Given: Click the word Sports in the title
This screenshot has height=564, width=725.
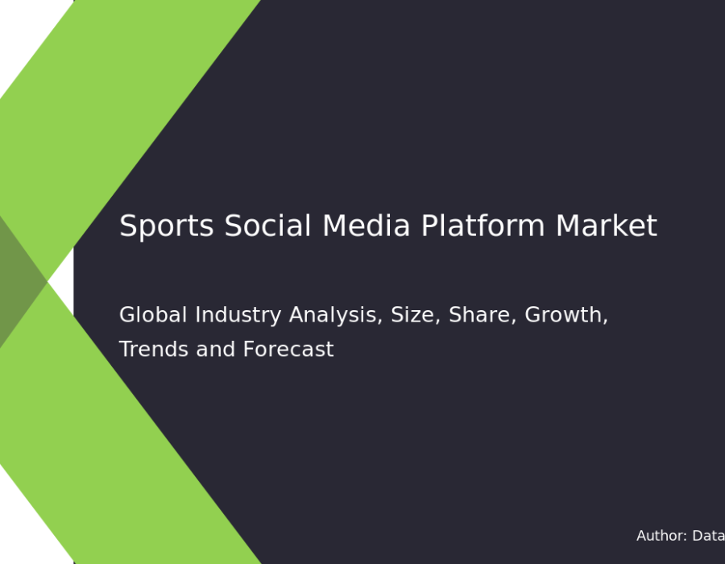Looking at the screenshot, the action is coord(167,226).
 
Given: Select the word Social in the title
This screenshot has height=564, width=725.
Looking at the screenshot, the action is coord(267,226).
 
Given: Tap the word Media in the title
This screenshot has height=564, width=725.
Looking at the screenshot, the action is coord(367,226).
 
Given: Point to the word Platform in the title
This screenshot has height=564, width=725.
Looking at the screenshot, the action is coord(483,226).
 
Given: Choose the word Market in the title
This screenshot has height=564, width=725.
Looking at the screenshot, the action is coord(606,226).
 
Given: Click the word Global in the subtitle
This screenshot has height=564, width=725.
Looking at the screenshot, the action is coord(153,315).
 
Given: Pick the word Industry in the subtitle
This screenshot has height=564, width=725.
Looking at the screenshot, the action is coord(238,316).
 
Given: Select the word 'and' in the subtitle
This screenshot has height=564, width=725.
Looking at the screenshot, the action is coord(216,349).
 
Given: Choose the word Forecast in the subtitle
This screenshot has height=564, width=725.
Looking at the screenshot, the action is coord(288,349).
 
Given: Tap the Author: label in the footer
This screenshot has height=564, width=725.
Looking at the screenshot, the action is coord(661,536).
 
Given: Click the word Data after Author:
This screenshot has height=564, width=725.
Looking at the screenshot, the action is coord(708,536).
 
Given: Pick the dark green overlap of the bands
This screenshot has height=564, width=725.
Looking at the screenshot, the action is coord(19,281).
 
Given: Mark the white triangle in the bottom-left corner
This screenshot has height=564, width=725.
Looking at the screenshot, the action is coord(26,527).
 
